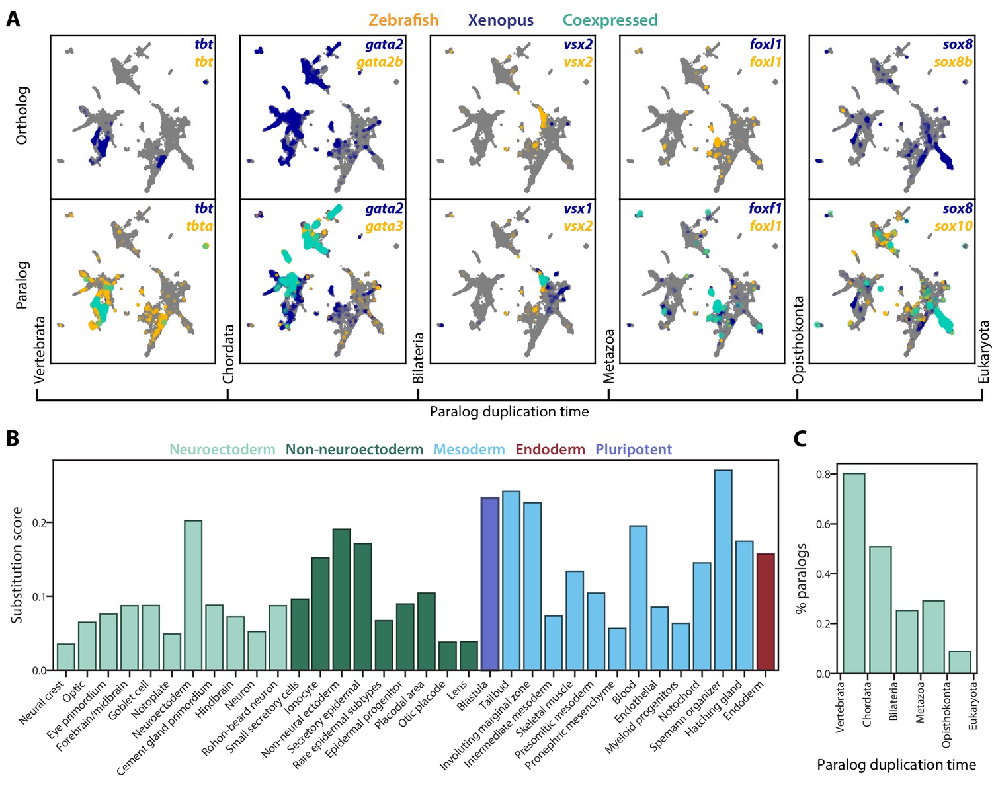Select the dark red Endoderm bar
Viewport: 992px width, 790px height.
[x=765, y=612]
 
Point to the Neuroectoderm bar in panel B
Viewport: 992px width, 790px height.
[x=193, y=595]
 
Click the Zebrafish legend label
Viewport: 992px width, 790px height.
[x=403, y=20]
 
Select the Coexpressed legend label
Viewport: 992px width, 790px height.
[x=610, y=20]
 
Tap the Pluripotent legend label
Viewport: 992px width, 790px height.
[x=634, y=450]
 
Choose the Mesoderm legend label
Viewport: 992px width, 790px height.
[x=469, y=450]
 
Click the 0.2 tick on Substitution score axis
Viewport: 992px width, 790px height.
[x=41, y=523]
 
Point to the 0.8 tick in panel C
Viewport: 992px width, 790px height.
[x=822, y=474]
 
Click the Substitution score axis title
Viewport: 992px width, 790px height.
[x=17, y=565]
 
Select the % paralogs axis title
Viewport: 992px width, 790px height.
[x=802, y=578]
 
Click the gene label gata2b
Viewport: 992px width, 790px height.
[x=380, y=62]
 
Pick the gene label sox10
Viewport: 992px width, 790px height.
[x=953, y=226]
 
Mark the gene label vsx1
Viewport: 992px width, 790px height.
[x=577, y=209]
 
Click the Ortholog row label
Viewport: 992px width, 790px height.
[x=22, y=115]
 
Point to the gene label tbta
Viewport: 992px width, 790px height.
[x=200, y=226]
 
